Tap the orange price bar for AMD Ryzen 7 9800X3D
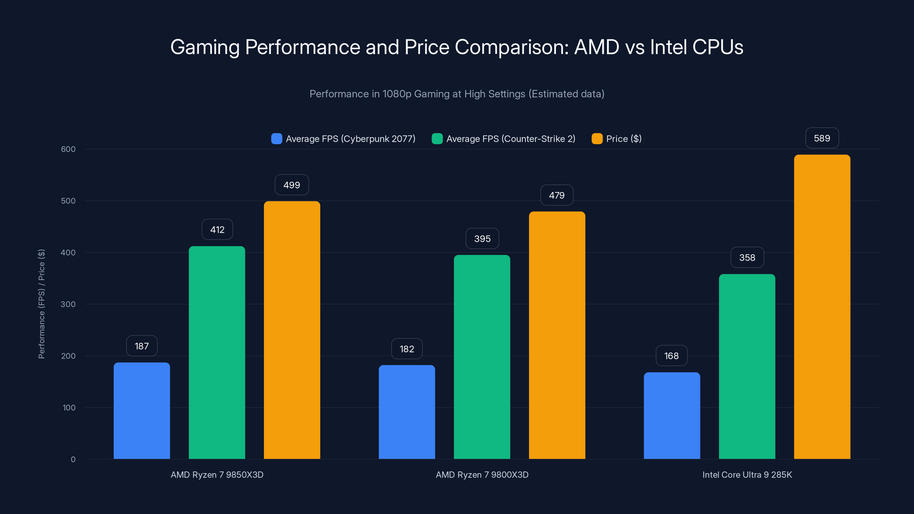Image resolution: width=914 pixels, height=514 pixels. point(557,335)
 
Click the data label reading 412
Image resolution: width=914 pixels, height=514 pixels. point(217,230)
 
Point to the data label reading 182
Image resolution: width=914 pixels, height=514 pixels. point(407,349)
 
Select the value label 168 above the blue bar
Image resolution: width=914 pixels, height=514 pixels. point(671,356)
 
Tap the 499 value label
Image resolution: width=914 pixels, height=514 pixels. point(292,185)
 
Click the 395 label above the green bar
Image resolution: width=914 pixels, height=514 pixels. point(482,239)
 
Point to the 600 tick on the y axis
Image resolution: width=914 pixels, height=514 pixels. point(68,149)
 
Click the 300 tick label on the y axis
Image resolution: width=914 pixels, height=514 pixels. point(68,304)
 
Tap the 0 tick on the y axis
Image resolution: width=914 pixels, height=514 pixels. point(73,459)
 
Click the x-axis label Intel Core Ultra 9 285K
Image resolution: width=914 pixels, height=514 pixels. point(747,475)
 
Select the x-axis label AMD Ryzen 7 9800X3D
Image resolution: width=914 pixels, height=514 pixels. point(482,475)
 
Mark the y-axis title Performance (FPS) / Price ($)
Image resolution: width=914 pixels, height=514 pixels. point(41,304)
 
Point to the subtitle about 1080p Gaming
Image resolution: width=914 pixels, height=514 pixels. point(457,94)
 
